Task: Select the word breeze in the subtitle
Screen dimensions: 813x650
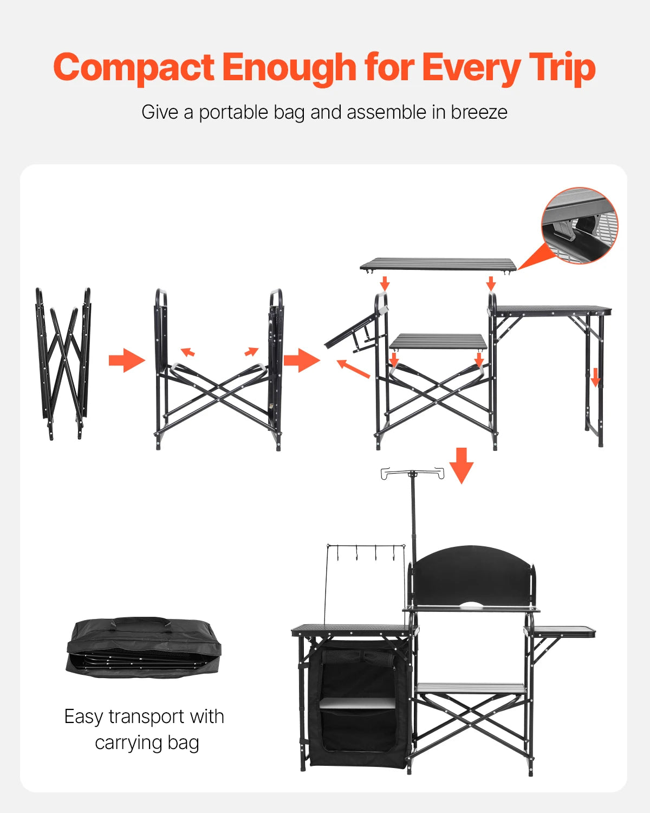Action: click(x=479, y=112)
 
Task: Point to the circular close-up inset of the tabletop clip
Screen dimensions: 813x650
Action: click(x=579, y=225)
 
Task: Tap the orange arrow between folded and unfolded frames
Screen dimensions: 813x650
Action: click(x=127, y=360)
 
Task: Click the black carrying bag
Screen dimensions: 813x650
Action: click(x=144, y=648)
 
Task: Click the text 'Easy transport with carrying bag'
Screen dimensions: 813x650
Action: click(x=145, y=729)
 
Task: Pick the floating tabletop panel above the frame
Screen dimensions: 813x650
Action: click(x=438, y=264)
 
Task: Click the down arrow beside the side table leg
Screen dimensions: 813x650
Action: click(x=595, y=377)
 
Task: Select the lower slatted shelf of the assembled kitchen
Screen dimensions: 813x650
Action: click(x=470, y=688)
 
